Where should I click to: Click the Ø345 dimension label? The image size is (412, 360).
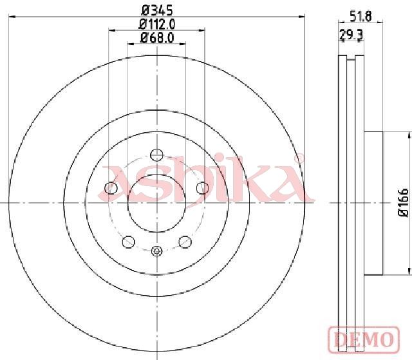click(157, 11)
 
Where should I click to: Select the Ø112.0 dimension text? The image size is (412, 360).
click(157, 24)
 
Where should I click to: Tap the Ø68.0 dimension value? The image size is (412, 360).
click(157, 38)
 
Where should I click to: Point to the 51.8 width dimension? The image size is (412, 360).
click(361, 17)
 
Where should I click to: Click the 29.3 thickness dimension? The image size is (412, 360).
click(351, 35)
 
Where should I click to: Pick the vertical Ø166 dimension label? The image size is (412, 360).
click(404, 203)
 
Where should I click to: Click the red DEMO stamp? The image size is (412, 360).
click(364, 339)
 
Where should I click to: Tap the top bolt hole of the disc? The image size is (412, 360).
click(156, 155)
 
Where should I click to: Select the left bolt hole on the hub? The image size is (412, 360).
click(111, 188)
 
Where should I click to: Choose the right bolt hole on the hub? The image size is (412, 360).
click(203, 188)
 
